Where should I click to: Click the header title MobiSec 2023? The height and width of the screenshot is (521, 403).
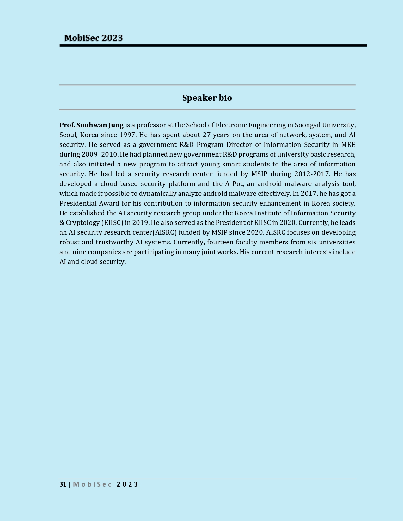tap(94, 38)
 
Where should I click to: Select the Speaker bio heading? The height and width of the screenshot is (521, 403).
tap(207, 98)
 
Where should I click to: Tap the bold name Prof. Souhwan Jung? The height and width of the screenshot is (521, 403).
tap(91, 125)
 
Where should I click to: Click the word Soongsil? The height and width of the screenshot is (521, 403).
tap(307, 125)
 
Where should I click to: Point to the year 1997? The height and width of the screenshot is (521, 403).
tap(127, 135)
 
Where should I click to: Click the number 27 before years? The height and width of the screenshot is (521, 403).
tap(206, 135)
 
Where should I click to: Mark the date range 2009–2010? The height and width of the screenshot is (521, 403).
tap(100, 154)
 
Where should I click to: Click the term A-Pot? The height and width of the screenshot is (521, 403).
tap(234, 184)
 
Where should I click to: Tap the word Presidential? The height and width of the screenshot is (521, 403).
tap(78, 203)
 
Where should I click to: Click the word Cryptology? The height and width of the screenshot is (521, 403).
tap(82, 223)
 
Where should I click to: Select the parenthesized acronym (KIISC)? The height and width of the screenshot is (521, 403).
tap(112, 223)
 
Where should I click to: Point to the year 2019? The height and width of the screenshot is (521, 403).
tap(140, 223)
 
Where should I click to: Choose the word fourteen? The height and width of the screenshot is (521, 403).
tap(220, 242)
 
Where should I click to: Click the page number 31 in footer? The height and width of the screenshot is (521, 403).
tap(63, 484)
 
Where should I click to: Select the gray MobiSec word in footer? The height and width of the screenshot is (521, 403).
tap(93, 484)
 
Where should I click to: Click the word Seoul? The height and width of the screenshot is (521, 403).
tap(68, 135)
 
